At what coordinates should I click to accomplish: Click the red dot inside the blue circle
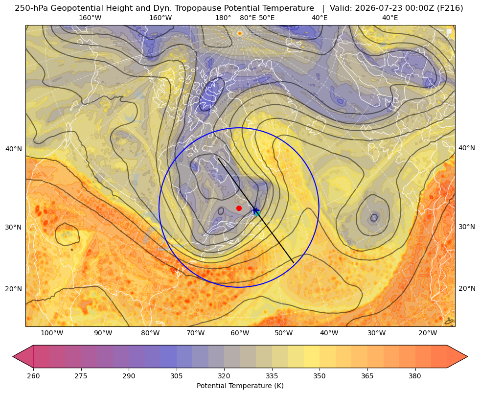click(239, 208)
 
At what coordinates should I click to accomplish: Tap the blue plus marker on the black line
click(255, 210)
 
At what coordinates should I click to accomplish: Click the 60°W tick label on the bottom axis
click(240, 333)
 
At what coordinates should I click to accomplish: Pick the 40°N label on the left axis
click(14, 149)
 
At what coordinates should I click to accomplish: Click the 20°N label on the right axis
click(467, 288)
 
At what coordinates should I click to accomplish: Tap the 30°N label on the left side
click(14, 227)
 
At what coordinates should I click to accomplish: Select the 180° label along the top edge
click(223, 18)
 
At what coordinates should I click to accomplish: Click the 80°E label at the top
click(248, 18)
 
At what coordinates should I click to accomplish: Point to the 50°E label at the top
click(267, 18)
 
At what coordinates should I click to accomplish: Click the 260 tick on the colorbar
click(33, 376)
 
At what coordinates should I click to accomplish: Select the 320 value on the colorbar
click(224, 376)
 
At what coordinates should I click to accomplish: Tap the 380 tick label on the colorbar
click(415, 376)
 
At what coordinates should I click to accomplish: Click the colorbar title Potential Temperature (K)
click(240, 386)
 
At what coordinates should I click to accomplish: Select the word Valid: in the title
click(341, 8)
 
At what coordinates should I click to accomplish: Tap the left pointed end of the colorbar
click(13, 356)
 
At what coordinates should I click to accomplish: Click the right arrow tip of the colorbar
click(467, 356)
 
